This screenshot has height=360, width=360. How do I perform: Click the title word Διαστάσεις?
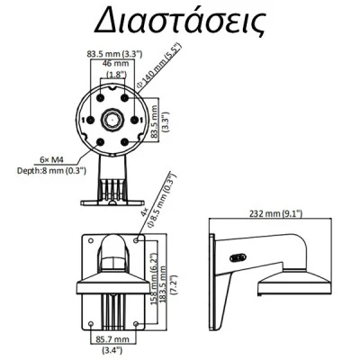click(x=180, y=21)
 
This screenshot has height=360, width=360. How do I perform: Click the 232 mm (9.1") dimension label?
click(x=276, y=213)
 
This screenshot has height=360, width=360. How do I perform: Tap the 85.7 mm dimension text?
click(x=112, y=339)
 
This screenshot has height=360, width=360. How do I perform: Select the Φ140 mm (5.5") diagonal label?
click(x=159, y=66)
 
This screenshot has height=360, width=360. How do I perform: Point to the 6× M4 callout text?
click(x=52, y=159)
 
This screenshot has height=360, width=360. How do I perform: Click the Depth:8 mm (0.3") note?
click(x=51, y=171)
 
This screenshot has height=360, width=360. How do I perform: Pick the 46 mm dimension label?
click(x=115, y=63)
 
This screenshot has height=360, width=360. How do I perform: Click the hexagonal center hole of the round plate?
click(x=112, y=120)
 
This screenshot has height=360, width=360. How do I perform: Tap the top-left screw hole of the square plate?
click(x=91, y=240)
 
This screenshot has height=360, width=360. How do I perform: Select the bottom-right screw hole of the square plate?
click(x=136, y=324)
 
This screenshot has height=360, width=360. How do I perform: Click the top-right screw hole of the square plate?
click(x=136, y=240)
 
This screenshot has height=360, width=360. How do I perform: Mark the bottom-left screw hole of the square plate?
click(x=91, y=324)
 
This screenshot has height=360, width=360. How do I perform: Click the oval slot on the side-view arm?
click(x=238, y=257)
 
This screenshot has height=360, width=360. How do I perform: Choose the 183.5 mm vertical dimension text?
click(x=163, y=284)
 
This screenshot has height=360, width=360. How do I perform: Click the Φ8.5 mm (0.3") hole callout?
click(x=159, y=200)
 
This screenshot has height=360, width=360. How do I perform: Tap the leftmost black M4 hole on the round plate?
click(x=90, y=120)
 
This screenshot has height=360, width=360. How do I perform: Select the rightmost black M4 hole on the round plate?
click(x=135, y=120)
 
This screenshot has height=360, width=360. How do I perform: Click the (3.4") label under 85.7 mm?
click(x=112, y=349)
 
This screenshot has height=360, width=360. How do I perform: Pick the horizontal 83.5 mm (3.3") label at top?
click(x=114, y=54)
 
